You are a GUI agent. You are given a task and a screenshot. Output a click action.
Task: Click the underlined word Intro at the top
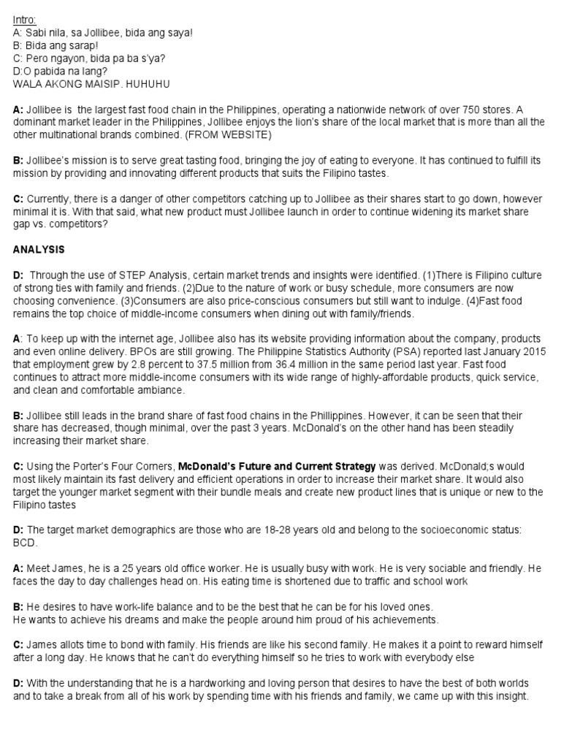click(25, 19)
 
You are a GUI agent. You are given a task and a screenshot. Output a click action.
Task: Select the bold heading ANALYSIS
click(39, 250)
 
